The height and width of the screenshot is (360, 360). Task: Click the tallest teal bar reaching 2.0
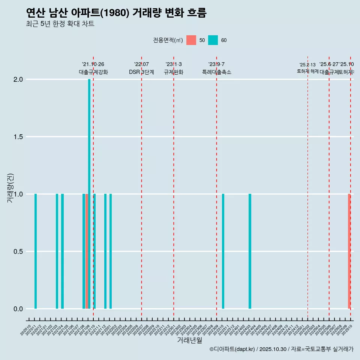89,193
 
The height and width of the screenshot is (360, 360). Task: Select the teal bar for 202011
36,251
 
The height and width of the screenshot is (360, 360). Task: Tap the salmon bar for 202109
87,251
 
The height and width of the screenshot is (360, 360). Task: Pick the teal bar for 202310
223,251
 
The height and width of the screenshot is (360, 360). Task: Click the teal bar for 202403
250,251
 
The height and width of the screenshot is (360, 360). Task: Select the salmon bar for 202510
349,251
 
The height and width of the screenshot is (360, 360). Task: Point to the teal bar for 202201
111,251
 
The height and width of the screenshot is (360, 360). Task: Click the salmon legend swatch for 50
191,40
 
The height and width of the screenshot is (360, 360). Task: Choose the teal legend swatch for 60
213,40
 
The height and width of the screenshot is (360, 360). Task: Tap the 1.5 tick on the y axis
18,137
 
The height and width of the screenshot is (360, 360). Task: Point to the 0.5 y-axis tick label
18,252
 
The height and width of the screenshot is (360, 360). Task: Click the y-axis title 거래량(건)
10,187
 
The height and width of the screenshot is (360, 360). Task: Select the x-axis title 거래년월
190,340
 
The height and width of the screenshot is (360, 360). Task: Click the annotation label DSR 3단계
141,72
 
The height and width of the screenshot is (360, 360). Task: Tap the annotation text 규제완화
174,72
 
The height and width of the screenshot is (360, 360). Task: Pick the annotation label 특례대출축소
217,72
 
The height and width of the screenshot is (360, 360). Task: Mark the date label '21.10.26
93,64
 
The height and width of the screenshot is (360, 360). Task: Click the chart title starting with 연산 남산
116,13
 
